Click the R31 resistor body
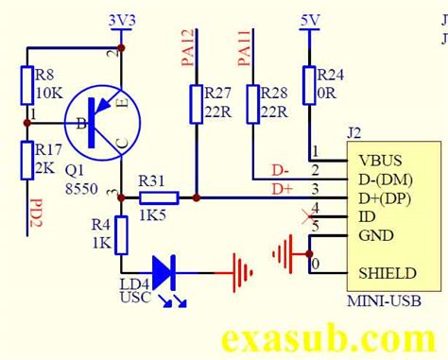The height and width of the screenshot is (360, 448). [x=159, y=197]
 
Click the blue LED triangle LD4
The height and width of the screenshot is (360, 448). [x=165, y=271]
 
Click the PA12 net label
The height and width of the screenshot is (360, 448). [x=187, y=48]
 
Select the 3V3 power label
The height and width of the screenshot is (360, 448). [x=123, y=19]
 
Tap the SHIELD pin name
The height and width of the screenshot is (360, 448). [x=387, y=273]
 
